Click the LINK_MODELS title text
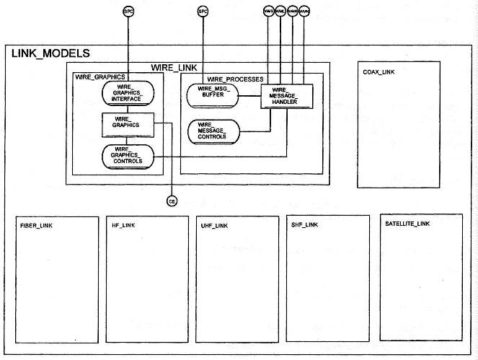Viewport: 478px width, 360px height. point(50,53)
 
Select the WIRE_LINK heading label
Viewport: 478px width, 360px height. point(170,67)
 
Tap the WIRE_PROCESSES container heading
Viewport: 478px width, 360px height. point(235,78)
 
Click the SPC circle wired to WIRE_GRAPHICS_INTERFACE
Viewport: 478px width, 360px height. point(128,12)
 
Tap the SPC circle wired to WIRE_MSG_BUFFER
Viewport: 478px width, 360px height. point(203,12)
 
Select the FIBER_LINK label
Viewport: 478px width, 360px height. point(37,226)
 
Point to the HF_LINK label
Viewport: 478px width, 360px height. point(123,226)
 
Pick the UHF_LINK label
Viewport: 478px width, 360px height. point(214,226)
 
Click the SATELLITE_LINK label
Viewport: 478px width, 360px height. point(404,224)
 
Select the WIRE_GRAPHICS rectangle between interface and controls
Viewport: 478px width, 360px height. point(128,124)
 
